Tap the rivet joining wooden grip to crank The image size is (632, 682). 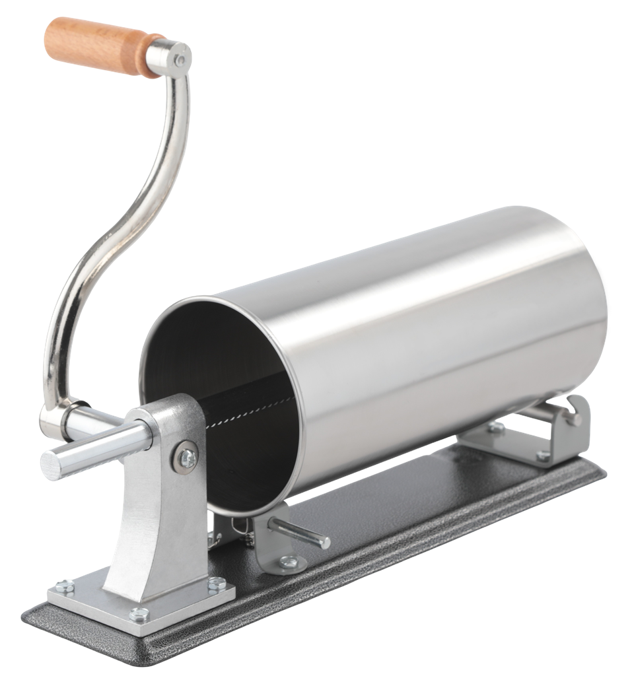(179, 60)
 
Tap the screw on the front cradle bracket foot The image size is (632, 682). (288, 562)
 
